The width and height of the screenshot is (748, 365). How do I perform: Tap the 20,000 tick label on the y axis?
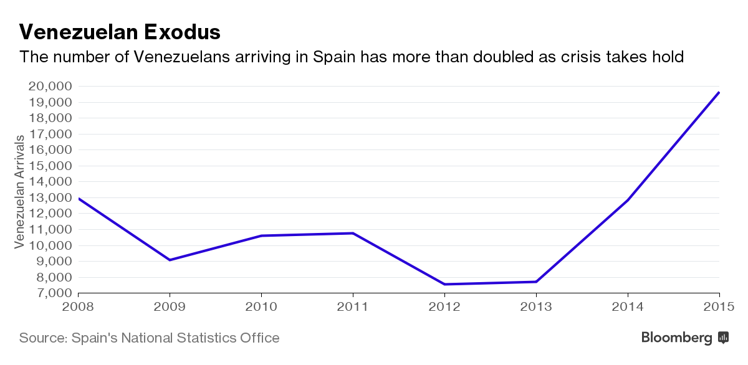[x=50, y=86]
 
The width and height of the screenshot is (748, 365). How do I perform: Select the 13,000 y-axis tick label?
[x=50, y=197]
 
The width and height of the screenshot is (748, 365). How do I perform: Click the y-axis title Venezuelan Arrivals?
[x=20, y=191]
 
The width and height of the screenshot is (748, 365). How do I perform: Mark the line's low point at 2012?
[x=444, y=284]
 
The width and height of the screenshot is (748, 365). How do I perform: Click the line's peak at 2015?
[x=719, y=92]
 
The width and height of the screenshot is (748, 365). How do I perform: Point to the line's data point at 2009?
[x=170, y=260]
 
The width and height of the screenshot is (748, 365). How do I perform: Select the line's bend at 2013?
[x=536, y=282]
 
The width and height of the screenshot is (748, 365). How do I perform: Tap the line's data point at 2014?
[x=628, y=199]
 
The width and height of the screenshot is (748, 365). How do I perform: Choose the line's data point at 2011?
[x=353, y=233]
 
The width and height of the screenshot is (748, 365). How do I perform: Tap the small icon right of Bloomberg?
[x=724, y=338]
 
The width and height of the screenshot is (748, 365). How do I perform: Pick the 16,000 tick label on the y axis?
[x=50, y=149]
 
